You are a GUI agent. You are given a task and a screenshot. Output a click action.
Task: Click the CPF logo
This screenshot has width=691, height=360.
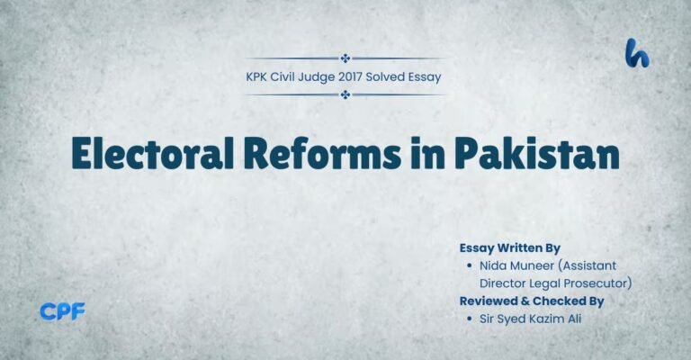coord(61,312)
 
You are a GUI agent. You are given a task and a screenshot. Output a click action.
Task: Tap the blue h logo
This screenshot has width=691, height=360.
coord(638,54)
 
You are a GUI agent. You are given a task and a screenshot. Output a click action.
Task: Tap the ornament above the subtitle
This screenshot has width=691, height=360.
coord(345,58)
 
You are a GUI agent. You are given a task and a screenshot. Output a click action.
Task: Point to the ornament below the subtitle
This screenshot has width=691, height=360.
coord(345,94)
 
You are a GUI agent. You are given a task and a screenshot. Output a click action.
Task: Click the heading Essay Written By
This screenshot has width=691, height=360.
coord(510,247)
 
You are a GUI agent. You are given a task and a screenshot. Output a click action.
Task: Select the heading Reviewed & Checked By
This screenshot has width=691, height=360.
coord(531,301)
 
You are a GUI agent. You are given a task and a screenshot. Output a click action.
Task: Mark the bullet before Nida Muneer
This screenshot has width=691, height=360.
coord(471,266)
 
